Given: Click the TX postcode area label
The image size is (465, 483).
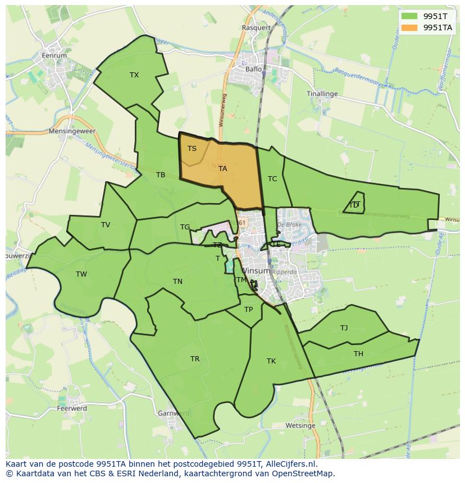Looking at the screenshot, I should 134,75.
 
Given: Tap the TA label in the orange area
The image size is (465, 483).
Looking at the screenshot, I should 223,168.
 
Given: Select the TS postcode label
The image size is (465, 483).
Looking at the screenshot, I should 192,149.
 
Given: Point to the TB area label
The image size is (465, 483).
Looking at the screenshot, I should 161,175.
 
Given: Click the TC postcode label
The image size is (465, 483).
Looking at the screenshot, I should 272,179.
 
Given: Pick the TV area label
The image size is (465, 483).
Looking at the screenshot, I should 106,225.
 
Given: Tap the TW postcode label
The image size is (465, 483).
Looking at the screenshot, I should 81,274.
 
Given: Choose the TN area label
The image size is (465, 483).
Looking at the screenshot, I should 177,282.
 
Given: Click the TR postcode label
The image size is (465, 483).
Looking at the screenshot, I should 195,359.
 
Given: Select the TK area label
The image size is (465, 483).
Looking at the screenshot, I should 271,361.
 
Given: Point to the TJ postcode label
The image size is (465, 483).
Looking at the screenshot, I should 344,328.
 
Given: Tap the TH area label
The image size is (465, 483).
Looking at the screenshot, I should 358,354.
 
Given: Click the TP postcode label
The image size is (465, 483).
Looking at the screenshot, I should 248,310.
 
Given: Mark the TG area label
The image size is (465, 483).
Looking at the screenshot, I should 185,227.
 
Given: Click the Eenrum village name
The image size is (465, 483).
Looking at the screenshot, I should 54,56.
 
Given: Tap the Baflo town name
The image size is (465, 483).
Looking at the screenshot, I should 254,70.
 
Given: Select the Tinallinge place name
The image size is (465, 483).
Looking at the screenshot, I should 322,94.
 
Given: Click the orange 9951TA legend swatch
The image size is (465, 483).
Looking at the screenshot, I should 409,27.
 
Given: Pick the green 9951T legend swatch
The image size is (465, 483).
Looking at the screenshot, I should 409,16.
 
